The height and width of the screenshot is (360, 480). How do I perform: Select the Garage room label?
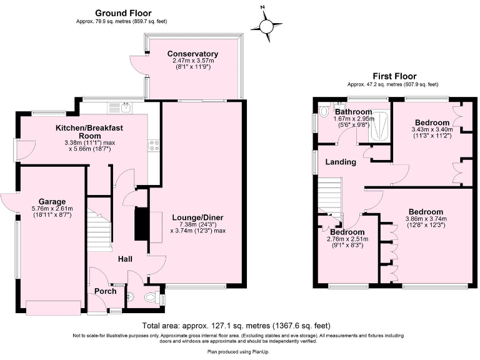coord(52,202)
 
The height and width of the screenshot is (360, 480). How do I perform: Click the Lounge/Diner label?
coord(197,217)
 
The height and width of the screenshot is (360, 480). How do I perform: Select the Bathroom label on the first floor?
coord(353,112)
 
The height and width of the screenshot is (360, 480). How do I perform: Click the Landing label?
coord(341,162)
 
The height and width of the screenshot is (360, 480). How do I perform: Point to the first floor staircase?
coord(329,197)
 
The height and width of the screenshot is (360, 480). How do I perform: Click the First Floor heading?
coord(392,76)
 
